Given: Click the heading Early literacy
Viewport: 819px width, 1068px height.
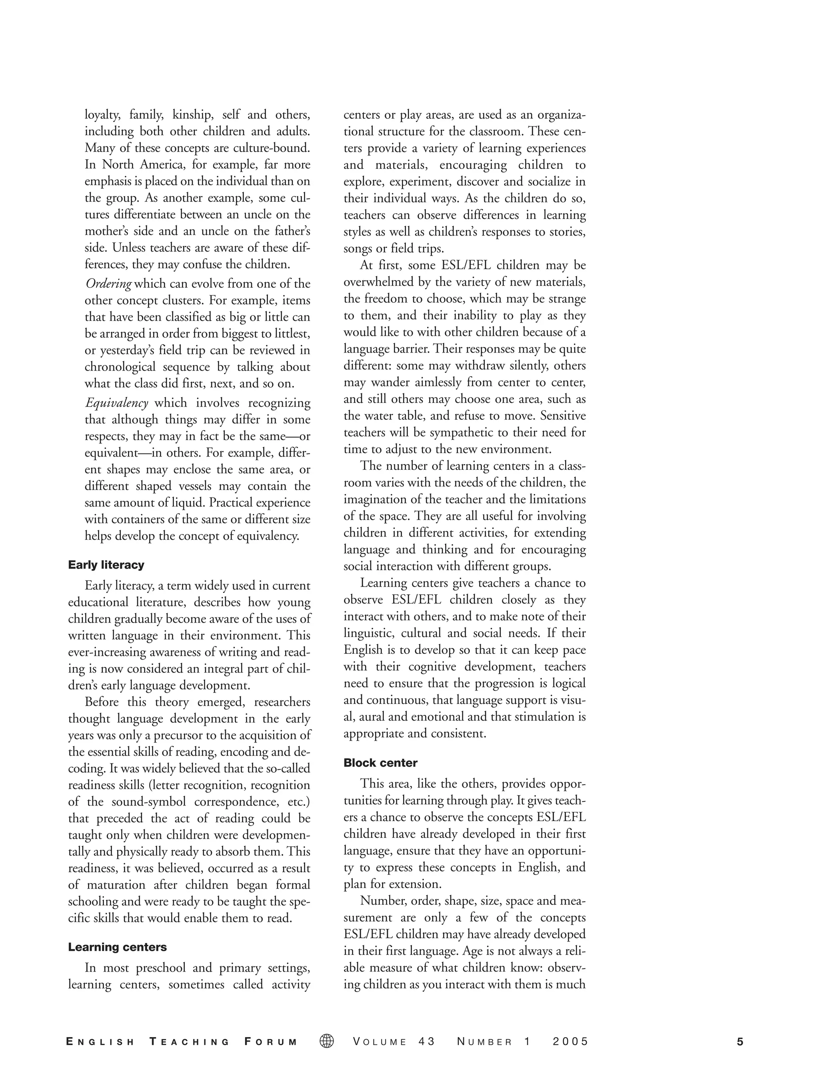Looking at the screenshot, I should point(106,565).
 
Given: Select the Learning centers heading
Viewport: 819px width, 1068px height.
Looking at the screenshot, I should point(117,947).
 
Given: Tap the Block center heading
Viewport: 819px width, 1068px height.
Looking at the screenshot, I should point(380,763).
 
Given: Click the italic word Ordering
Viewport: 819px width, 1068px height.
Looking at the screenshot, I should point(108,284).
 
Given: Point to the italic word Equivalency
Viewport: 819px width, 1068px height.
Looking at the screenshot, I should point(116,403).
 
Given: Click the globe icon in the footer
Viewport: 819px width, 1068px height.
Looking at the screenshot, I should point(327,1042).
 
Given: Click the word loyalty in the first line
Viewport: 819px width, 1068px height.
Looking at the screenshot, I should point(102,115).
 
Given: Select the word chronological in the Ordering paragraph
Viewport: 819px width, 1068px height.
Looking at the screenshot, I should point(120,367).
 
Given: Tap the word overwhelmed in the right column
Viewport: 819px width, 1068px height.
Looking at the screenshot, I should point(378,282).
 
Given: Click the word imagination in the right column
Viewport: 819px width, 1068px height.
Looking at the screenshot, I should point(376,499).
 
